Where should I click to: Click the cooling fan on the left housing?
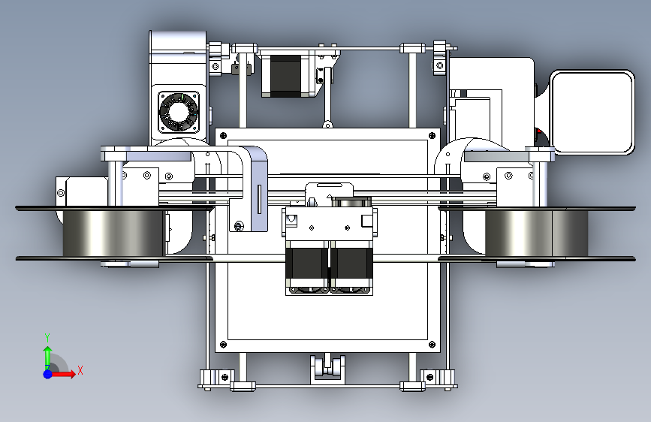click(x=179, y=112)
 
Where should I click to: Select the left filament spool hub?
click(x=113, y=233)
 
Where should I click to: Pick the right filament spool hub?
click(x=536, y=233)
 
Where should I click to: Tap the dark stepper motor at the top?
click(x=285, y=76)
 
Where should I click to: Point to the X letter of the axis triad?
click(x=80, y=370)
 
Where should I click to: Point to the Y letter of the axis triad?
click(x=47, y=338)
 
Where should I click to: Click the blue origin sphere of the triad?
click(x=48, y=374)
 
